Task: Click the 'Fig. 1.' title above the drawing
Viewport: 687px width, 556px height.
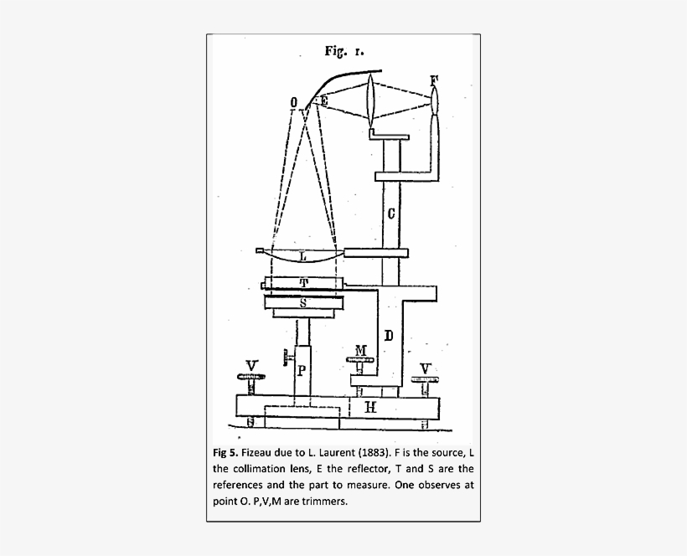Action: (x=344, y=51)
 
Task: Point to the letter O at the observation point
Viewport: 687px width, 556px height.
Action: (x=293, y=102)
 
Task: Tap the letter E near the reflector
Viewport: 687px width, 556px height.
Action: (x=323, y=100)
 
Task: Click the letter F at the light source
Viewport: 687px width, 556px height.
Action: (x=434, y=81)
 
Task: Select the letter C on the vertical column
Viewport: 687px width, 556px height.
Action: (x=391, y=214)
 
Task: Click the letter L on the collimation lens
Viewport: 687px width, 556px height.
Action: (x=303, y=256)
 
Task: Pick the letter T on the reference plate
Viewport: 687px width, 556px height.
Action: (x=304, y=283)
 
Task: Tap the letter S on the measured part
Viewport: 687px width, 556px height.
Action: (x=303, y=302)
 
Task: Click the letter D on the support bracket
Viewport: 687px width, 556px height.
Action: (x=389, y=336)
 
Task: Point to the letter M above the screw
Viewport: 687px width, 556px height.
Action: (x=360, y=350)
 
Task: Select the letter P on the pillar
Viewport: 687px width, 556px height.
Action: (x=302, y=371)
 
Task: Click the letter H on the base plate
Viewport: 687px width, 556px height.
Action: (x=370, y=408)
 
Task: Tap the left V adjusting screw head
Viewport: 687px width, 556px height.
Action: (x=251, y=377)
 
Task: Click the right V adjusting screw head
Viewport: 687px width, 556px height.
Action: (x=425, y=379)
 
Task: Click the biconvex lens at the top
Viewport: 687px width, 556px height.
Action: (x=371, y=100)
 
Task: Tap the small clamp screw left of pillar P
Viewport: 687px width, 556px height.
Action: (x=287, y=358)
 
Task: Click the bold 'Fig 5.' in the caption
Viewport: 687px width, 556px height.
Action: (x=225, y=452)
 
